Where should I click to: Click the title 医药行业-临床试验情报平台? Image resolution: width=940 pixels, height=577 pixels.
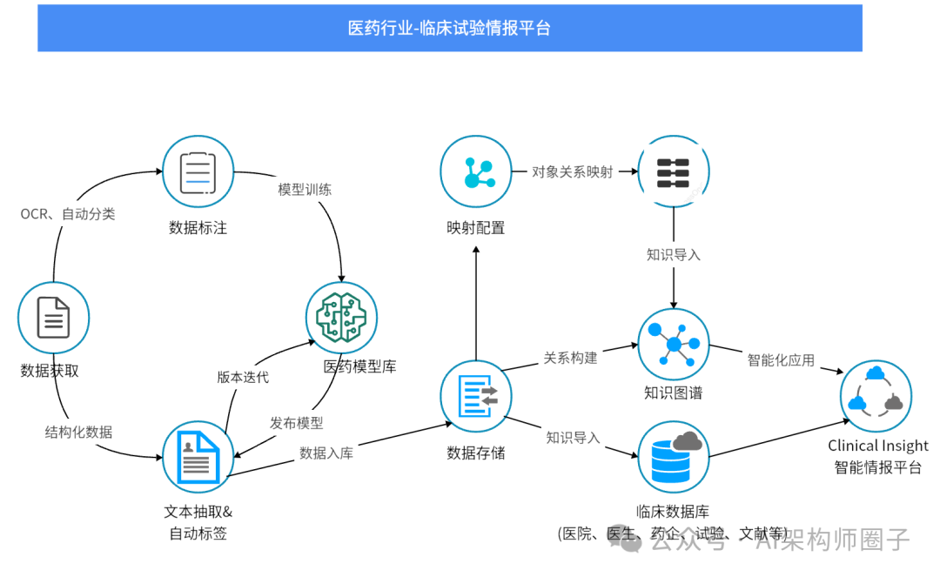tap(449, 28)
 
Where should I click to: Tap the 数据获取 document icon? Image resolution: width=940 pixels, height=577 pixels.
tap(54, 317)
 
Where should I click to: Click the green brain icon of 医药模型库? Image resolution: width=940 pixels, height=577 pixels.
tap(341, 317)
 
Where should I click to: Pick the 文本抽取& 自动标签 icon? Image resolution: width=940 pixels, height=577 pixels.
tap(198, 457)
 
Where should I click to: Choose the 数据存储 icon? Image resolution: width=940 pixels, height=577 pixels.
tap(475, 396)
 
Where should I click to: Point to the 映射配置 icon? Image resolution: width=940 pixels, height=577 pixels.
tap(475, 171)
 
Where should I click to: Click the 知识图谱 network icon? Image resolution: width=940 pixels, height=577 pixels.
tap(674, 344)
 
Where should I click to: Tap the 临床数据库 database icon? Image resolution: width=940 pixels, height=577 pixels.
tap(674, 455)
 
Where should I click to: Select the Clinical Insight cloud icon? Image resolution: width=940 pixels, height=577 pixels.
tap(876, 396)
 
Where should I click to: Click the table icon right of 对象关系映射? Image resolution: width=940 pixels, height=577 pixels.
tap(674, 171)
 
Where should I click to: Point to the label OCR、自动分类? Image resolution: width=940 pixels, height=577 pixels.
tap(68, 214)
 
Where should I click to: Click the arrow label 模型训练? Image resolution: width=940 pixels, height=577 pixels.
tap(305, 189)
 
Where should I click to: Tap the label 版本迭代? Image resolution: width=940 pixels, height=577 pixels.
tap(243, 377)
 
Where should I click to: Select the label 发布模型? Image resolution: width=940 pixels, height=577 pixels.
tap(296, 423)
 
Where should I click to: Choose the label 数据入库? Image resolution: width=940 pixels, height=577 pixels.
tap(326, 453)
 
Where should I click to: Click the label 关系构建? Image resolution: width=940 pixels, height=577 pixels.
tap(570, 358)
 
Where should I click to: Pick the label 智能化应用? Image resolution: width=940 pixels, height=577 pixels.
tap(781, 359)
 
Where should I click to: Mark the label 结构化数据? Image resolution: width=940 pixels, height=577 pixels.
tap(78, 432)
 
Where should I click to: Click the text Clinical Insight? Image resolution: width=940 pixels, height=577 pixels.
tap(877, 446)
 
